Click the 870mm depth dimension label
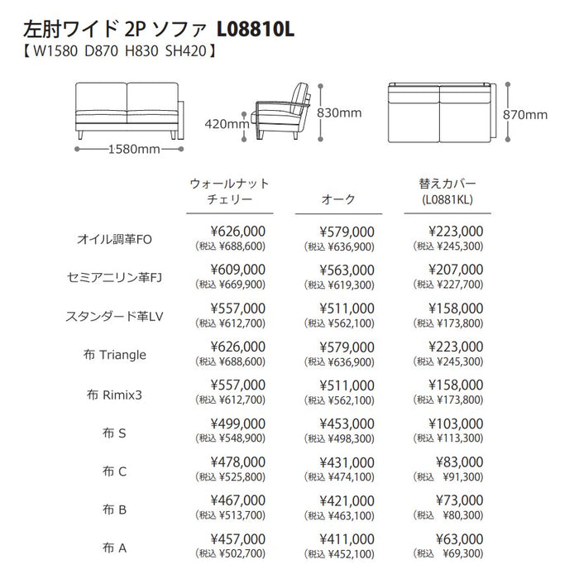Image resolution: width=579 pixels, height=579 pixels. [525, 115]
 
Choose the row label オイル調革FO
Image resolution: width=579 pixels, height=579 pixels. [115, 239]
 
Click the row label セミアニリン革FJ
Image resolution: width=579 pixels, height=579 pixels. [115, 277]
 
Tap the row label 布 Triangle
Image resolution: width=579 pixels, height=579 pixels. [115, 355]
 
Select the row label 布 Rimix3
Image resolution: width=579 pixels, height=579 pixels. [115, 395]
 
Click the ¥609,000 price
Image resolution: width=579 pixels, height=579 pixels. [238, 270]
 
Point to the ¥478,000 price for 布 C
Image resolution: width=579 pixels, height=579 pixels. [238, 462]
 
